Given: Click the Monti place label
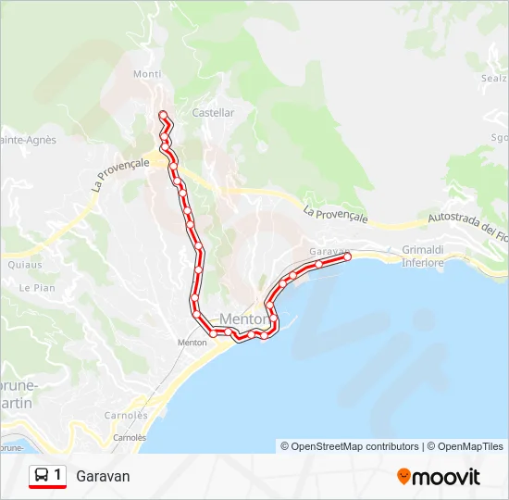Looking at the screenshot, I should click(146, 74).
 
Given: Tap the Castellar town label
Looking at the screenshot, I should click(213, 113).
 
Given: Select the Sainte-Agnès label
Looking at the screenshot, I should click(28, 140).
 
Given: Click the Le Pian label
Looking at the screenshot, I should click(37, 288).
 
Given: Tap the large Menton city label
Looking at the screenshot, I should click(244, 319).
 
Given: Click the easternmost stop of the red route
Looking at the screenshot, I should click(348, 257).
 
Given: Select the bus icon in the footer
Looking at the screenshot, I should click(42, 476).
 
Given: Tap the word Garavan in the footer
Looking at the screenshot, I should click(103, 477).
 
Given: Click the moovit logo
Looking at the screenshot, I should click(439, 477).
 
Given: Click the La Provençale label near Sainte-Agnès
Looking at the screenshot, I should click(120, 173).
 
